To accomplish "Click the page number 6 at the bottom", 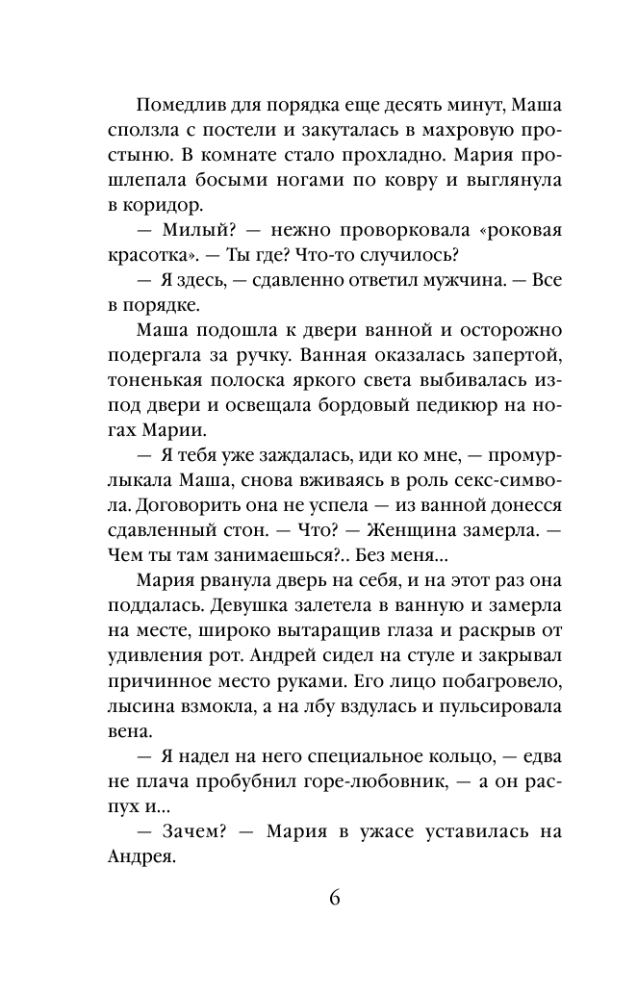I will pos(332,899).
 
